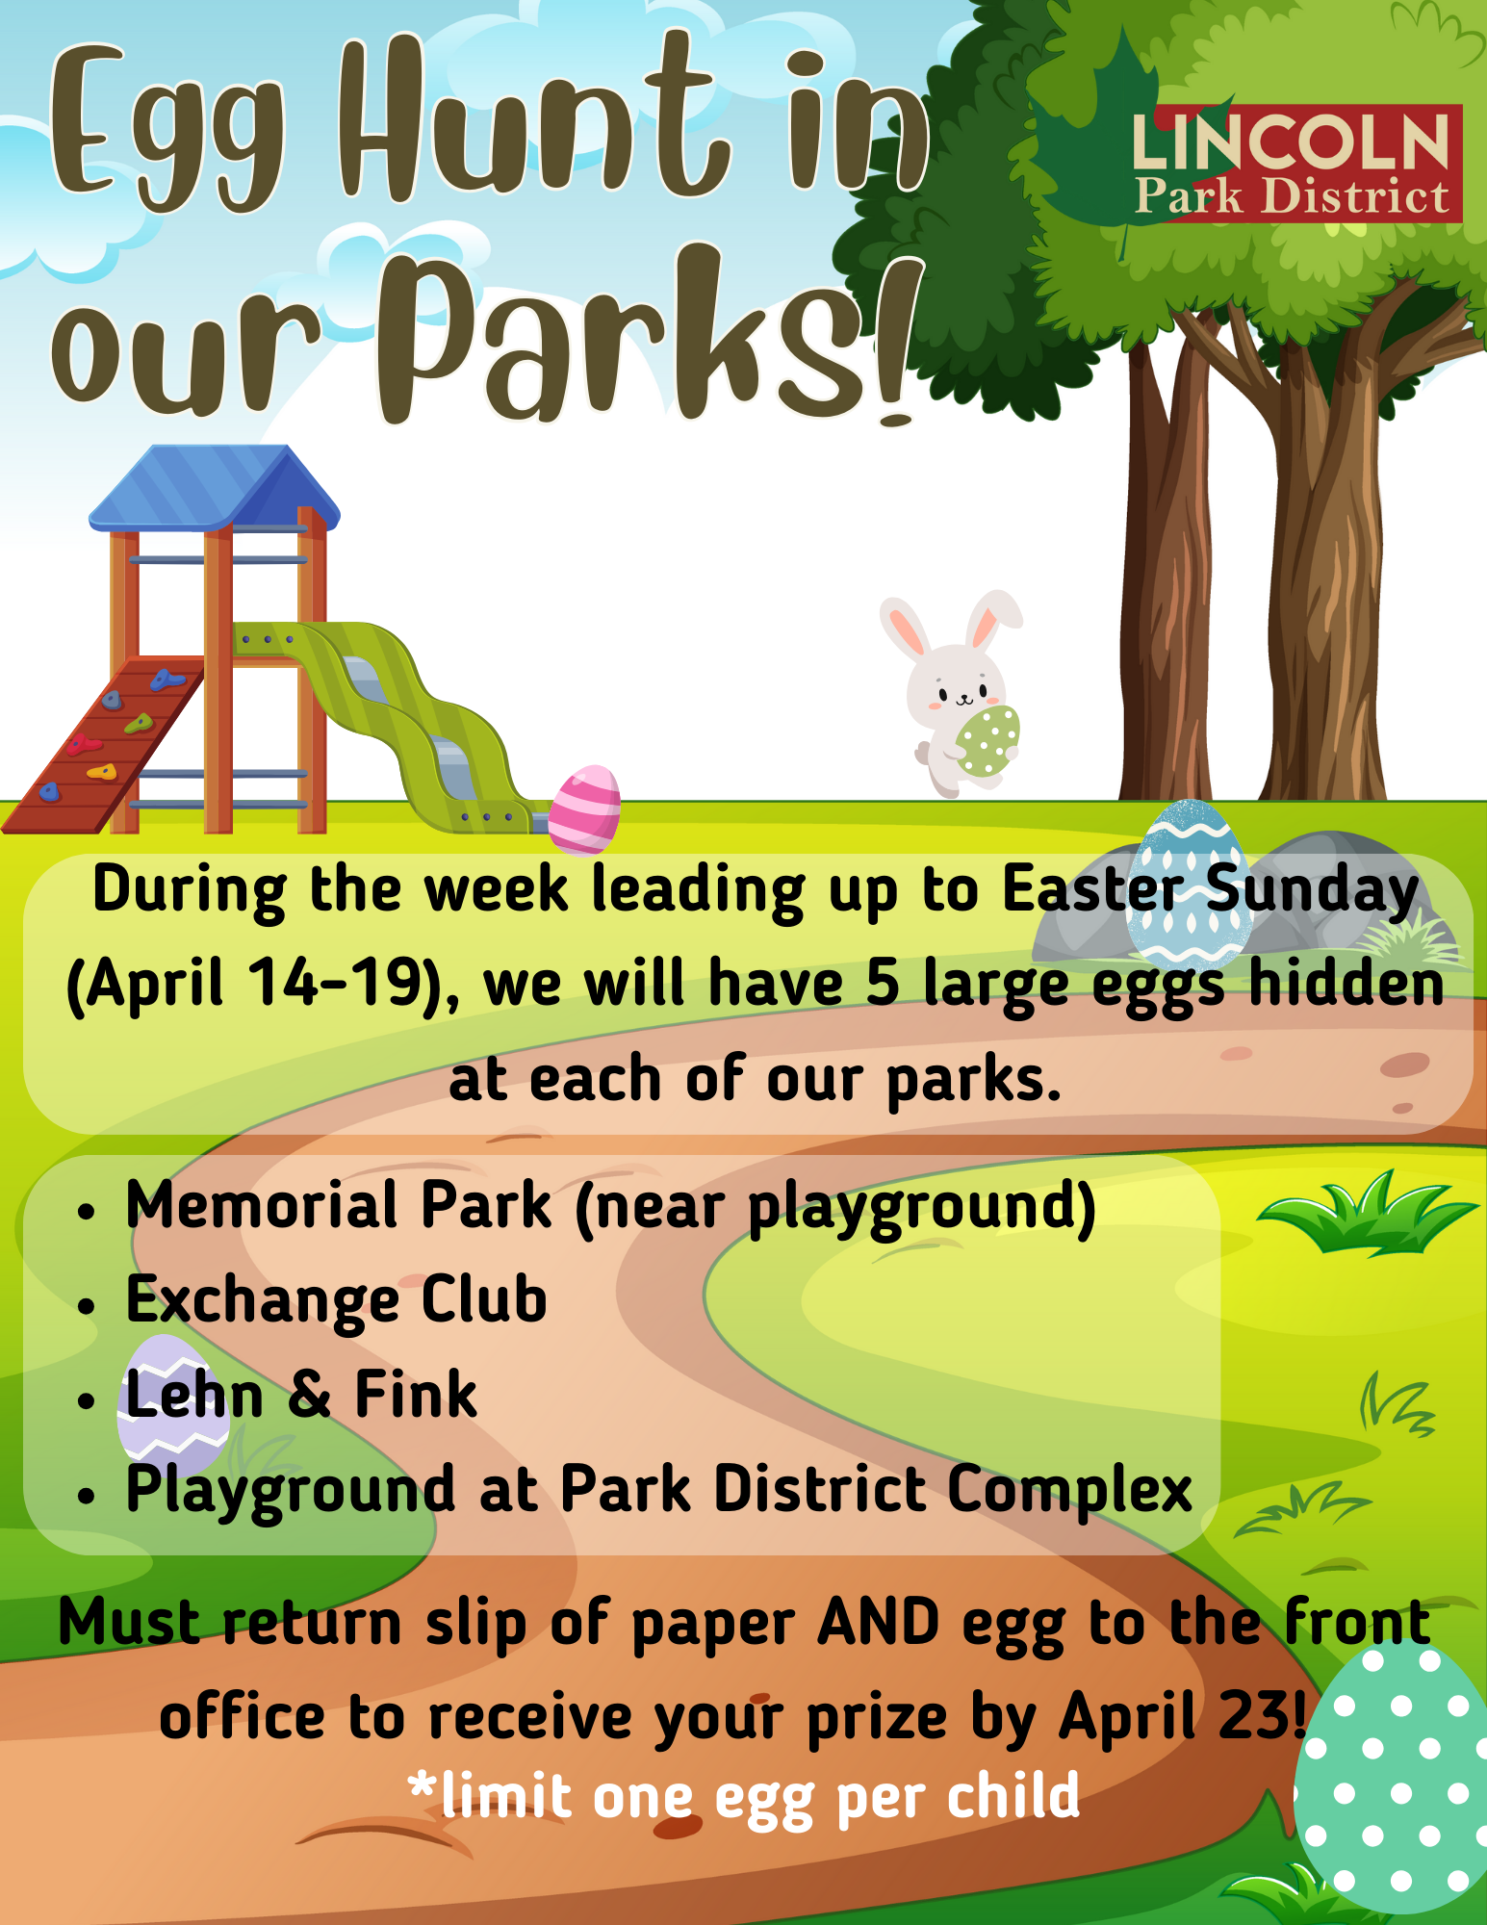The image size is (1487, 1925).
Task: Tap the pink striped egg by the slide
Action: click(x=585, y=809)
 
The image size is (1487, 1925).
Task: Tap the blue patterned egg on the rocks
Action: click(x=1190, y=884)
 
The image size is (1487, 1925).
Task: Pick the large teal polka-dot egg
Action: click(x=1392, y=1781)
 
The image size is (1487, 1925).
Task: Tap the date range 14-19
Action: click(x=336, y=983)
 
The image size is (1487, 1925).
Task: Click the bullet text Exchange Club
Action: click(x=337, y=1300)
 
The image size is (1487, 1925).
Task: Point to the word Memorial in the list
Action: click(x=260, y=1205)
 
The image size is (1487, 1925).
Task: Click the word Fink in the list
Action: click(x=416, y=1395)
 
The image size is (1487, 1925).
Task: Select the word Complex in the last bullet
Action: click(x=1069, y=1489)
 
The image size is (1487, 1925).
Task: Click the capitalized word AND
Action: click(x=878, y=1623)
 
